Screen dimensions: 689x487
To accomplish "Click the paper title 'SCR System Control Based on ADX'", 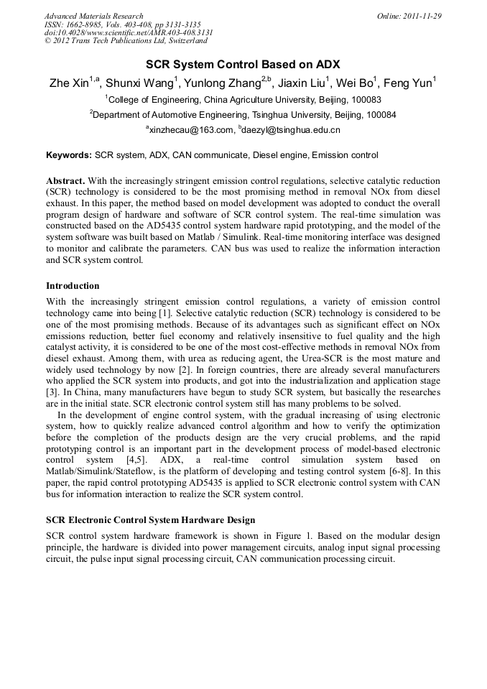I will pyautogui.click(x=243, y=64).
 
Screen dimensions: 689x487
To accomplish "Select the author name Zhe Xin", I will pyautogui.click(x=69, y=83).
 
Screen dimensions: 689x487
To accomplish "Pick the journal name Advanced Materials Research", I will pyautogui.click(x=93, y=16).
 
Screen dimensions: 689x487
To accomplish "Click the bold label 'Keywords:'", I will pyautogui.click(x=69, y=155).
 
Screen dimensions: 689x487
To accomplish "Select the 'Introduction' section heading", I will pyautogui.click(x=73, y=285).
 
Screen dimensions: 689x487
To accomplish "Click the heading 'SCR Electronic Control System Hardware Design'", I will pyautogui.click(x=150, y=519).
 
